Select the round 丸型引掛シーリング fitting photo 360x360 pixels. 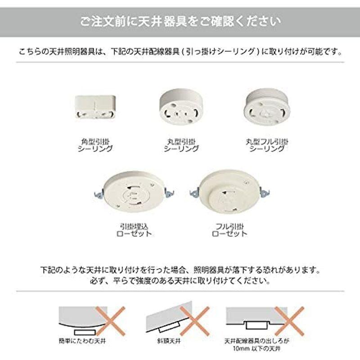(180, 106)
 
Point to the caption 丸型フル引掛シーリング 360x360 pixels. (267, 145)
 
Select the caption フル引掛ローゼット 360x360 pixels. (229, 230)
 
